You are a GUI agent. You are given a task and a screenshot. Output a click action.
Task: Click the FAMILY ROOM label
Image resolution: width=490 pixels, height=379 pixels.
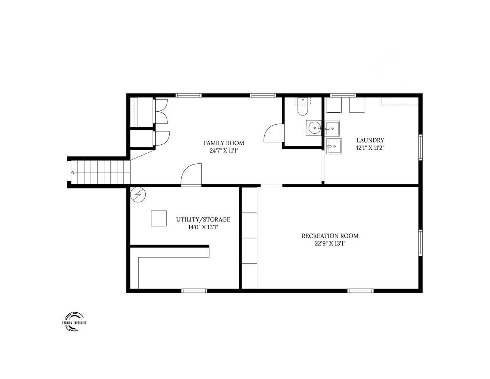coord(224,143)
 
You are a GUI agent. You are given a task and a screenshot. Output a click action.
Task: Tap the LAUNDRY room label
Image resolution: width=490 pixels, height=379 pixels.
coord(370,140)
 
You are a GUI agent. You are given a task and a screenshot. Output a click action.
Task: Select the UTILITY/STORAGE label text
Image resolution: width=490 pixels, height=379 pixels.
coord(203,219)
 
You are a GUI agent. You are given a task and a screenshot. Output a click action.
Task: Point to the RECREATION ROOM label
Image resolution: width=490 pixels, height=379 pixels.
coord(330,236)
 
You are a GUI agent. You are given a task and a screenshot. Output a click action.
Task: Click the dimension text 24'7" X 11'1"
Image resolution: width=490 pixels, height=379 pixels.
coord(224,151)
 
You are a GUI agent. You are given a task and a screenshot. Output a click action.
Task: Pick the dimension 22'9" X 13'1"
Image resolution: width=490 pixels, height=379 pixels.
coord(330,244)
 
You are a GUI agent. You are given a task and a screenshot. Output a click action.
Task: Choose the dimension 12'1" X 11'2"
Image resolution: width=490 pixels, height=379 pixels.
coord(370,148)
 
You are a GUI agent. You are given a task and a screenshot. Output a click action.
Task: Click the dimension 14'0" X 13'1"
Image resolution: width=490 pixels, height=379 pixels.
coord(203,227)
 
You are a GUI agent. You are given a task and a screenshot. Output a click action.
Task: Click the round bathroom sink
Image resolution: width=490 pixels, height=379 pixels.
coord(314,128)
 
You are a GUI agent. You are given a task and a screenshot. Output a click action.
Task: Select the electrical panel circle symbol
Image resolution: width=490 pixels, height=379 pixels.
coord(138,194)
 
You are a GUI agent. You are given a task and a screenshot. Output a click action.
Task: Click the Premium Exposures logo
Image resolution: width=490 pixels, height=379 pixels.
coord(74,322)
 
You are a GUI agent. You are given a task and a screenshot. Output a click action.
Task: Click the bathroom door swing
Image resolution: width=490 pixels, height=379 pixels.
coord(273,133)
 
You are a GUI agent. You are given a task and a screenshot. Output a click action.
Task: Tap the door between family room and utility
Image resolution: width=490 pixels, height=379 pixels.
coord(191,175)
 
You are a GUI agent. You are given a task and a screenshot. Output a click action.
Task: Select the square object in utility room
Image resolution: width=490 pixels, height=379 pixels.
coord(159,218)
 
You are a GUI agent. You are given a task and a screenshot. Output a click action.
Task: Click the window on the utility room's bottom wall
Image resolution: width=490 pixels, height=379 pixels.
coord(194,291)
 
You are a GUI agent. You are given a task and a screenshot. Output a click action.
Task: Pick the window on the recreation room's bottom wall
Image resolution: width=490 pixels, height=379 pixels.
coord(360,291)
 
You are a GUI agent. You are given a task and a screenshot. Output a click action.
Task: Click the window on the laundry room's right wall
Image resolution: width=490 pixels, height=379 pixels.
coord(421,147)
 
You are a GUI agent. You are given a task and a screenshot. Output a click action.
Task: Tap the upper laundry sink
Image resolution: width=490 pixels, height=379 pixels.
coord(332,128)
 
